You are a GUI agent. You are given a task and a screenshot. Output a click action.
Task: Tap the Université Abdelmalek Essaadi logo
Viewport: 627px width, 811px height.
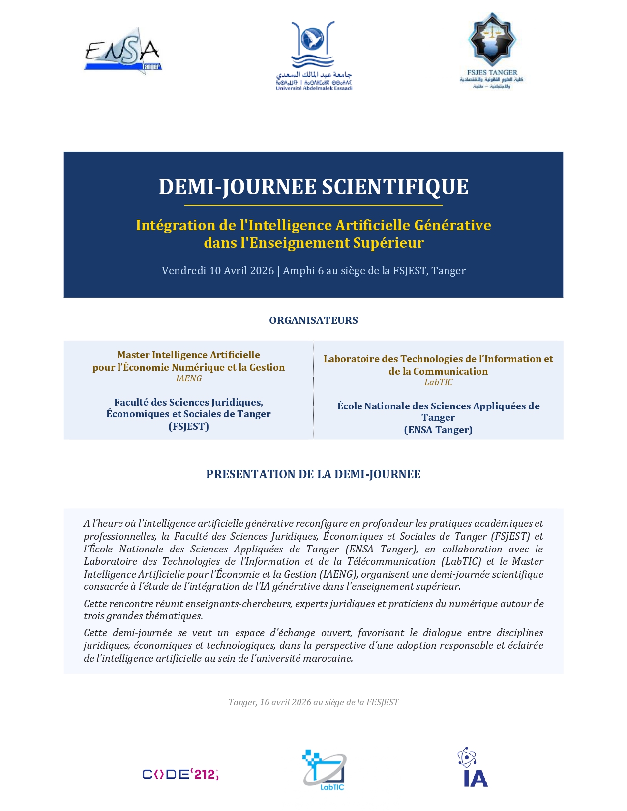(314, 56)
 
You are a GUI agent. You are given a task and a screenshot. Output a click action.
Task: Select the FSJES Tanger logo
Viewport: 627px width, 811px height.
(492, 51)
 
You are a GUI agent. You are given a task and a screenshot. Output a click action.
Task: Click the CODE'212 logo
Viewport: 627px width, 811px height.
(180, 774)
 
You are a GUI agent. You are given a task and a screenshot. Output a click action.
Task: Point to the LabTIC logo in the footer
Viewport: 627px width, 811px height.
(324, 770)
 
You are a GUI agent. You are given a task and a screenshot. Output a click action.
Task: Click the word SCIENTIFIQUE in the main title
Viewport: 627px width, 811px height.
(395, 187)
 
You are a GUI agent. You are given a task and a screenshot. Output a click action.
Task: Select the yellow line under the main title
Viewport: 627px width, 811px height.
(313, 205)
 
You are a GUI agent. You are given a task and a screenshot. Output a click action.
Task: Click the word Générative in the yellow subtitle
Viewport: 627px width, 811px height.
(452, 225)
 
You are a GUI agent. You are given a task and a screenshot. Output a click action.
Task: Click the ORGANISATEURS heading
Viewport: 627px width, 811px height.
(313, 320)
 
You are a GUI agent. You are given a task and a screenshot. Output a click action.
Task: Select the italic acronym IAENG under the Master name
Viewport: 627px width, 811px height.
(189, 378)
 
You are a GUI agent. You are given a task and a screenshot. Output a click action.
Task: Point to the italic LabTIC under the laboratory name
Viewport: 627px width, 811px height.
(438, 382)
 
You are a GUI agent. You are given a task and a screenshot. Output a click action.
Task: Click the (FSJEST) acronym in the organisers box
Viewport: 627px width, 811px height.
(189, 426)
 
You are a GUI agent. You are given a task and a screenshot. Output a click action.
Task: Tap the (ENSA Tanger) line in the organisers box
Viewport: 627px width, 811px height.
(438, 430)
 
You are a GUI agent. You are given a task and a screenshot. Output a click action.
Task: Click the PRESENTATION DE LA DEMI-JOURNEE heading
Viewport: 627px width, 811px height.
(313, 474)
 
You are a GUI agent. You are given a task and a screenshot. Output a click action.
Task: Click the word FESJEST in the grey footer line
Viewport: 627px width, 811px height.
(382, 702)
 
